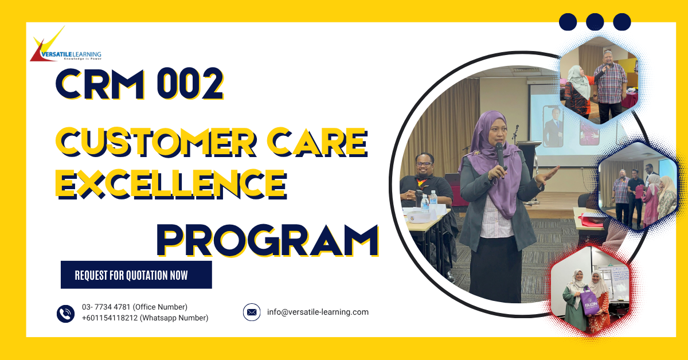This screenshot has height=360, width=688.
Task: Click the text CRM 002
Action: coord(139,84)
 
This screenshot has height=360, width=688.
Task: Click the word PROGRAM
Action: coord(267,239)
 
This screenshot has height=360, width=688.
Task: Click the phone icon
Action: coord(65,313)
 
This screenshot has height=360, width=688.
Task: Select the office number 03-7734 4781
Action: coord(134,307)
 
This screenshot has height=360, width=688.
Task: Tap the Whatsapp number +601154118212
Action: coord(145,318)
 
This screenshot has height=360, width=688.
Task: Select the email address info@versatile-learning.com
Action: coord(318,312)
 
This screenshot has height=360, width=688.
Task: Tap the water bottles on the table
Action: coord(429,202)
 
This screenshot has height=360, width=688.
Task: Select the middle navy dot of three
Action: coord(595,22)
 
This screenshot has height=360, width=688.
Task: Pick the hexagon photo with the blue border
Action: coord(637,185)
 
